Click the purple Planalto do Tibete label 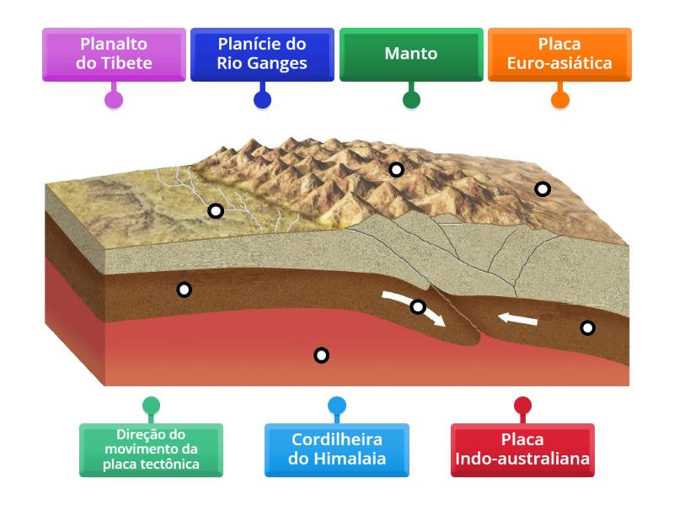point(114,54)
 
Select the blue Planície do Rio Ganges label point(262,54)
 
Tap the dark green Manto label point(411,54)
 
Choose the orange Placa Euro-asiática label point(559,54)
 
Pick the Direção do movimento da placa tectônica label point(152,449)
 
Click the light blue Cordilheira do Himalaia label point(337,449)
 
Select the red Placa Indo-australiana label point(522,449)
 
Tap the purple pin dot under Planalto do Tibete point(114,99)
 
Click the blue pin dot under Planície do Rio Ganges point(262,99)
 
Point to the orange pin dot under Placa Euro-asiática point(559,99)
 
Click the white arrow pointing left point(516,319)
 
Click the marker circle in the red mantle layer point(321,355)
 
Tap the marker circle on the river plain point(216,210)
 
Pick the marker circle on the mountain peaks point(396,169)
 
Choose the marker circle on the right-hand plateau point(543,189)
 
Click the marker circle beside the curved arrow point(418,306)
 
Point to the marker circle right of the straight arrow point(587,327)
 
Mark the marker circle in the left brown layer point(184,290)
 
